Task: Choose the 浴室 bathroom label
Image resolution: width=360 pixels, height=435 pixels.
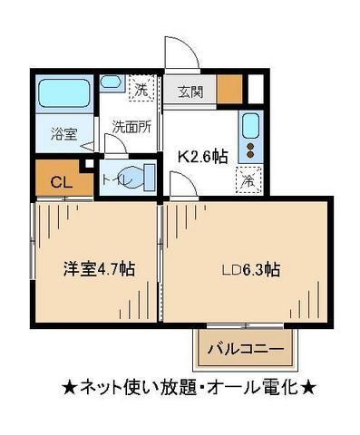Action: click(x=63, y=133)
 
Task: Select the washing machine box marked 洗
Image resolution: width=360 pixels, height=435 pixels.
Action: click(x=141, y=89)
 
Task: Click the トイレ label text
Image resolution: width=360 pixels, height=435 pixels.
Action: click(x=119, y=179)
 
